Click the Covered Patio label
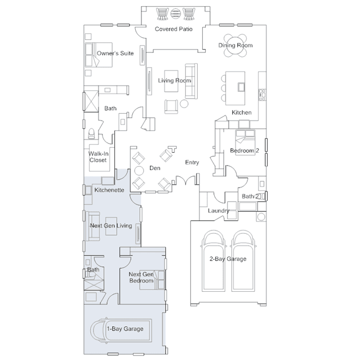pyautogui.click(x=174, y=29)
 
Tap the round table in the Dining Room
pyautogui.click(x=235, y=46)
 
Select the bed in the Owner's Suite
pyautogui.click(x=99, y=55)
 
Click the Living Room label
pyautogui.click(x=175, y=81)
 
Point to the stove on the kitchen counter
pyautogui.click(x=262, y=95)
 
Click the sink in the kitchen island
pyautogui.click(x=241, y=87)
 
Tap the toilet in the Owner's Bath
pyautogui.click(x=91, y=134)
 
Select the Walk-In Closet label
pyautogui.click(x=98, y=157)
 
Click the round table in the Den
pyautogui.click(x=139, y=171)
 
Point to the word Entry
pyautogui.click(x=192, y=162)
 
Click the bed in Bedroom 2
pyautogui.click(x=245, y=143)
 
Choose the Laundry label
pyautogui.click(x=219, y=211)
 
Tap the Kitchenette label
pyautogui.click(x=109, y=190)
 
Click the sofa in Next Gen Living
pyautogui.click(x=93, y=226)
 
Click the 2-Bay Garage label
pyautogui.click(x=228, y=259)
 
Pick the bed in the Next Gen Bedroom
pyautogui.click(x=152, y=279)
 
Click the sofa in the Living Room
pyautogui.click(x=191, y=81)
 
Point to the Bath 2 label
pyautogui.click(x=250, y=196)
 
